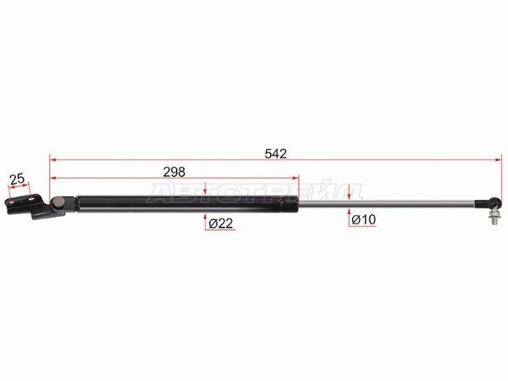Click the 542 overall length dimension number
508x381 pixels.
[x=275, y=153]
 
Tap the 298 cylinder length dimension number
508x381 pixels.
[x=174, y=172]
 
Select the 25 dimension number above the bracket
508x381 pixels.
[x=17, y=179]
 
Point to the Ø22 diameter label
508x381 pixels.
[x=221, y=224]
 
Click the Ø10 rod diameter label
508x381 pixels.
[x=363, y=219]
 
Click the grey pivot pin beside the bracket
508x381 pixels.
[x=59, y=202]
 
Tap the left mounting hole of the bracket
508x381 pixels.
[x=11, y=202]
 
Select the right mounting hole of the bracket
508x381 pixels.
[x=31, y=199]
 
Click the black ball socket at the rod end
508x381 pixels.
[x=496, y=203]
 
